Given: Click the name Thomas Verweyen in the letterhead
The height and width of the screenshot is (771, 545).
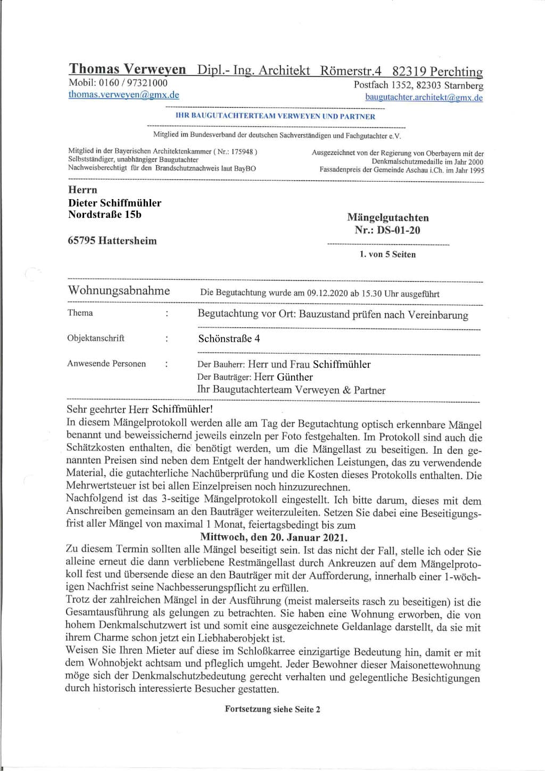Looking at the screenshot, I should [x=127, y=69].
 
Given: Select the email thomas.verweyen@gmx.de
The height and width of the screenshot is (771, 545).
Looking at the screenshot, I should [x=123, y=95].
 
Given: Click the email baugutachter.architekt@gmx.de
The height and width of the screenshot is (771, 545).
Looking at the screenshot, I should [x=424, y=97].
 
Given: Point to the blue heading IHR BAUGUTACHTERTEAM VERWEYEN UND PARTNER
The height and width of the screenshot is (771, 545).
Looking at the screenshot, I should [x=275, y=116].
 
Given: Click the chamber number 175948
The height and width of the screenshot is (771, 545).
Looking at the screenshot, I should [x=243, y=151].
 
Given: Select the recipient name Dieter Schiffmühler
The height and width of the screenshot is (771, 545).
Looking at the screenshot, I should [x=114, y=203].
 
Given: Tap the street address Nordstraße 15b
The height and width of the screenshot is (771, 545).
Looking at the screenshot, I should [x=104, y=215].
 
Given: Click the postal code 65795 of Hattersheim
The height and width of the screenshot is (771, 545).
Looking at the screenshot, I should [x=81, y=241].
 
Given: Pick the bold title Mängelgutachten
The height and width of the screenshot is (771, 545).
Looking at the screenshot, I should [x=387, y=217].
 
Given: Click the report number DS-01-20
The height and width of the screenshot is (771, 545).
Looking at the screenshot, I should [x=398, y=230].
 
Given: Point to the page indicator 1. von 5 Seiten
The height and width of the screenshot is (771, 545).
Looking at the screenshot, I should [x=387, y=255].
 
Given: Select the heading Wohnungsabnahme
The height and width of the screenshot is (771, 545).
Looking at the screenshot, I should [x=119, y=291].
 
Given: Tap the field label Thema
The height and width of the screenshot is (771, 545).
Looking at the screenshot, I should [x=80, y=313].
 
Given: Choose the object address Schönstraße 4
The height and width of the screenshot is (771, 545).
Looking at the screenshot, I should [x=229, y=339].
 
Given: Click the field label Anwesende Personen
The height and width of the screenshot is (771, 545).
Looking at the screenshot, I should [x=106, y=364].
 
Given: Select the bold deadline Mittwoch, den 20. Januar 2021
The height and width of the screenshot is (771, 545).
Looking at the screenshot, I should [x=274, y=537].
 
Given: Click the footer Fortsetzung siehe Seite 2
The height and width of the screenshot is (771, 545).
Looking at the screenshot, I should [x=272, y=709].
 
